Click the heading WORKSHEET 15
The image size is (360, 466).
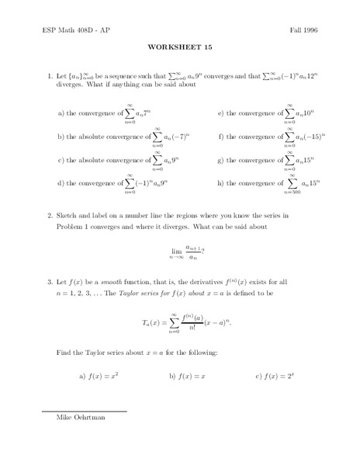[x=179, y=46]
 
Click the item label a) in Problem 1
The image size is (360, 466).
[x=61, y=113]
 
